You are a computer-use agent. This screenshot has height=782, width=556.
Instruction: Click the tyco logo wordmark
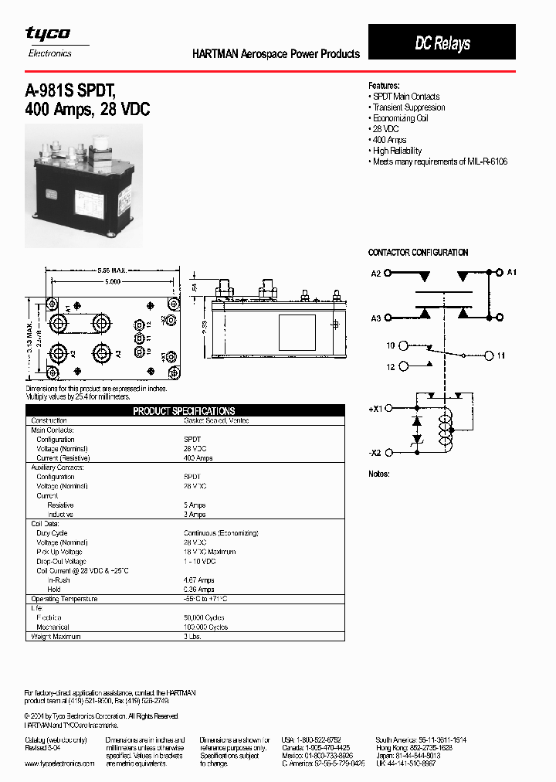(48, 33)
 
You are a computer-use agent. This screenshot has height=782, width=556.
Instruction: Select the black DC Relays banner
(442, 43)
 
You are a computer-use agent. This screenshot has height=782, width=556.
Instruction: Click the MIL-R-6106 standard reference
(483, 161)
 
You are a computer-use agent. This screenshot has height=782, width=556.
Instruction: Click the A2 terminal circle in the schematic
(388, 274)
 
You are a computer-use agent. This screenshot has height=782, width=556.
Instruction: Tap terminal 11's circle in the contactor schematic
(488, 355)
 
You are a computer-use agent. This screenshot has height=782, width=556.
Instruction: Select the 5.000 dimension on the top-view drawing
(113, 283)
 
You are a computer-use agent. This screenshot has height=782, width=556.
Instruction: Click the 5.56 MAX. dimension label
(113, 270)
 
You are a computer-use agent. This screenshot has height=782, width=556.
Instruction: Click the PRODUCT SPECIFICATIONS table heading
(184, 411)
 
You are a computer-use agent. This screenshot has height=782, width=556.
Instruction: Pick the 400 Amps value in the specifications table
(198, 458)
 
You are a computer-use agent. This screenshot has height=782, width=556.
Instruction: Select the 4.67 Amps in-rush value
(199, 580)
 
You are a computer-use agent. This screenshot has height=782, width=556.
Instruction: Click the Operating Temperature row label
(64, 599)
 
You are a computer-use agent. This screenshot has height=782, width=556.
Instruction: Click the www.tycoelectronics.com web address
(59, 763)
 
